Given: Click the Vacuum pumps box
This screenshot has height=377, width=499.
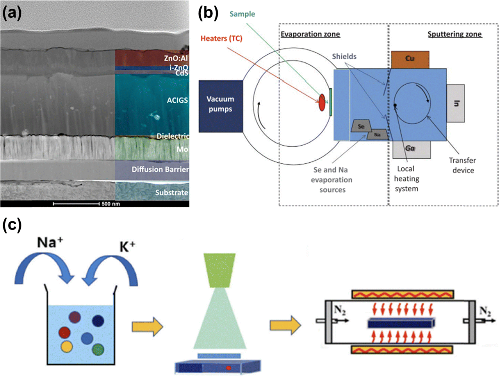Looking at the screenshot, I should coord(221,106).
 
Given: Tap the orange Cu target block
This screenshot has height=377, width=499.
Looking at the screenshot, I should coord(410,60).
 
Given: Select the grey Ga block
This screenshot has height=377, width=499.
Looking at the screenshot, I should coord(411,149).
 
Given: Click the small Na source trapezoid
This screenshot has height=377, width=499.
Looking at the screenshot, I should coord(377,135).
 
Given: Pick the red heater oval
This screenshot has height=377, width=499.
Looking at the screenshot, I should coord(322,103).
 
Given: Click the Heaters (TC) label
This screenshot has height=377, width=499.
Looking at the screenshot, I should coord(221,38).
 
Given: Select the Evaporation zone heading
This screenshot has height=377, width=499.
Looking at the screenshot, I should coord(310,34).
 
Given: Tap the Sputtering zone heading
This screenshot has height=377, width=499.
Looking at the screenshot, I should coord(455,34).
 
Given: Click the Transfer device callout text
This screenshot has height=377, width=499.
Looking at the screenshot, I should coord(463,165).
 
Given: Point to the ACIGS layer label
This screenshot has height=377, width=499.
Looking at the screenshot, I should coord(177,100).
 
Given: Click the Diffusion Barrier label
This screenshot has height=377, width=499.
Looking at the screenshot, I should coord(160,169).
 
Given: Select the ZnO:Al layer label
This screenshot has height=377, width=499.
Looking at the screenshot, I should coord(176,58).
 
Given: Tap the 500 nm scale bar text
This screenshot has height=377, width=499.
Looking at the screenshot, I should coord(111,204).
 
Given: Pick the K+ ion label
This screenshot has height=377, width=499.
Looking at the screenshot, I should coord(127,247).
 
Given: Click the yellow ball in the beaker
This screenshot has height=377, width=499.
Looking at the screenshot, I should coord(67,347).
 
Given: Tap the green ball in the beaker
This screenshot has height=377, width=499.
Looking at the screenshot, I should coord(98,349).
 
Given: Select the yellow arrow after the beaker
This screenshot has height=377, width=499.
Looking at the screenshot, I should coord(147,327).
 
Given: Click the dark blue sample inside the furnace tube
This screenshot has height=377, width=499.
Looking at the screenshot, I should coord(401,323).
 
